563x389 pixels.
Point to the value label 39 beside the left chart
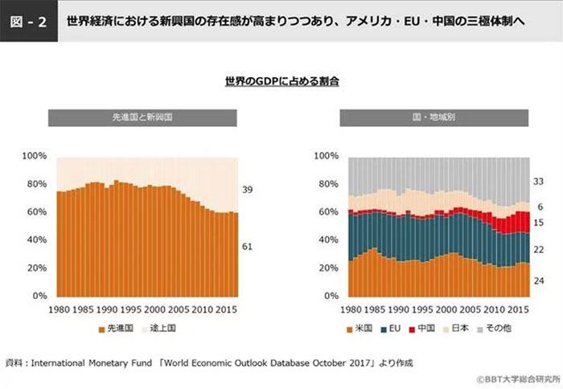click(247, 190)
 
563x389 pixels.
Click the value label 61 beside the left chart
click(247, 247)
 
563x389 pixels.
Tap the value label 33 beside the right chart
click(540, 181)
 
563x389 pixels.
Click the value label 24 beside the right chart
click(540, 281)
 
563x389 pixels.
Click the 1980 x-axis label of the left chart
click(60, 308)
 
